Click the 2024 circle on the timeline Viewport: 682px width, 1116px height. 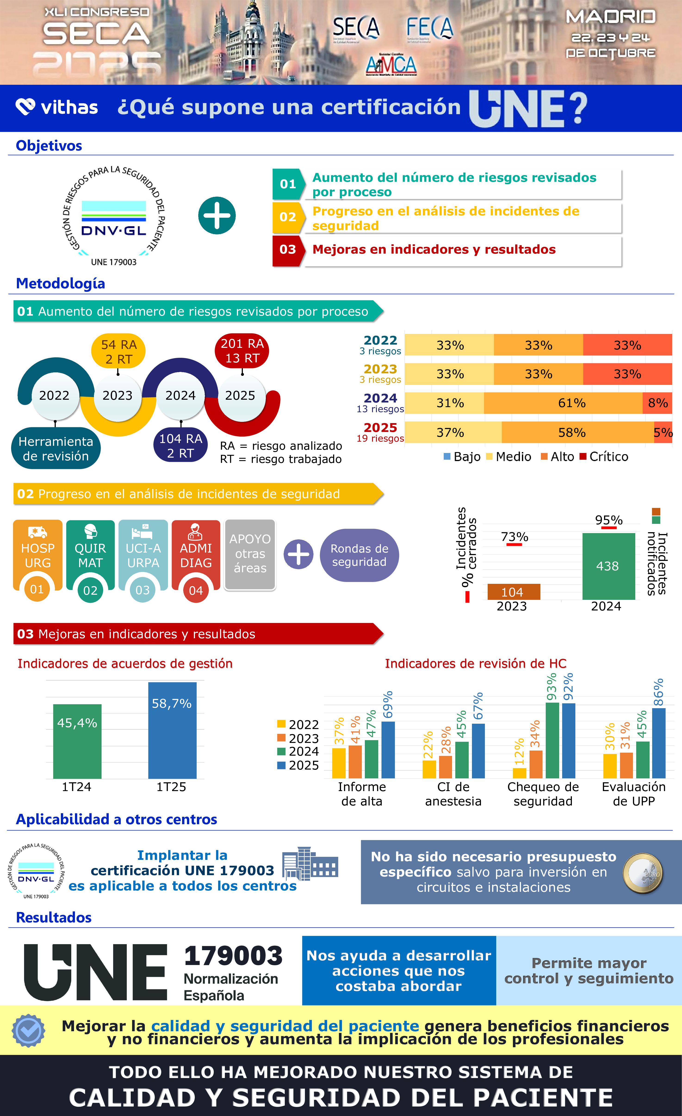pyautogui.click(x=181, y=395)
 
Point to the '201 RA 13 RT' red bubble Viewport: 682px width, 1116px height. pyautogui.click(x=242, y=351)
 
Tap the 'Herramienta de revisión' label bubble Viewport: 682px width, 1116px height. pyautogui.click(x=56, y=448)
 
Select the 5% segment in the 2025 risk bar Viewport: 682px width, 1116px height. pyautogui.click(x=663, y=433)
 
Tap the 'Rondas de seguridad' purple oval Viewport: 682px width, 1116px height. pyautogui.click(x=359, y=555)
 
